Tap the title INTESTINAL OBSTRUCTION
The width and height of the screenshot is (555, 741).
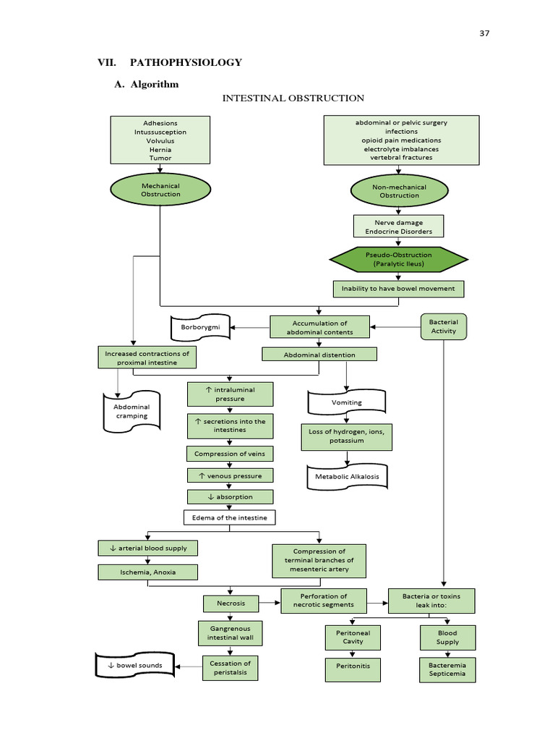coord(293,98)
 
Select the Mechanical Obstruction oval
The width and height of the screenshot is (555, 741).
coord(160,190)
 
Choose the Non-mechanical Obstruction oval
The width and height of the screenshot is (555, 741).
coord(399,191)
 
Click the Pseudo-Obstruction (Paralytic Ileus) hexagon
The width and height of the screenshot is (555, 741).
coord(399,259)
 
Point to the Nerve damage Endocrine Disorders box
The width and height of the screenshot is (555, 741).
coord(398,227)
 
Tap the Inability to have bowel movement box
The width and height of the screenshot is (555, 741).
coord(398,289)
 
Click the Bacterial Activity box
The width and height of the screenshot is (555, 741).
coord(444,326)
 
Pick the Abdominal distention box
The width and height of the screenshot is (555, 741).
coord(319,355)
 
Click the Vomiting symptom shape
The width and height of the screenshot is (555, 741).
coord(346,402)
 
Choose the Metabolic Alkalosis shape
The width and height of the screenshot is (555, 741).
coord(346,477)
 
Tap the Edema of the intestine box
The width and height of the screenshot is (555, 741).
coord(230,517)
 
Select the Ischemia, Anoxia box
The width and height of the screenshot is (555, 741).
coord(147,572)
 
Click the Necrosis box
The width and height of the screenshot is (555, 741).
coord(231,603)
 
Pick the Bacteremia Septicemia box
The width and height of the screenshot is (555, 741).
coord(448,669)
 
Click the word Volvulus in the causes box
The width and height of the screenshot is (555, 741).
coord(160,140)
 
